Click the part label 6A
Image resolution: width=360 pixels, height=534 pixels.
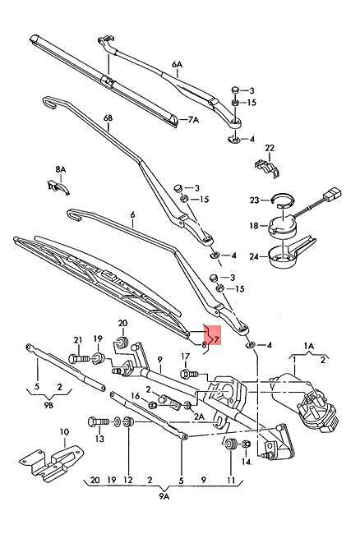177,65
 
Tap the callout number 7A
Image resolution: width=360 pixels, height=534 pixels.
193,120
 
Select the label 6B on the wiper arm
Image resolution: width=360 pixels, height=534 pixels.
108,118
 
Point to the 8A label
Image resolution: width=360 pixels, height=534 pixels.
61,169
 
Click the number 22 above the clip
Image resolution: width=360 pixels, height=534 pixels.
270,148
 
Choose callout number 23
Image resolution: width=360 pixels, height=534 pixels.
255,200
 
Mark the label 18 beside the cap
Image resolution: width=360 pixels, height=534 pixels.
254,225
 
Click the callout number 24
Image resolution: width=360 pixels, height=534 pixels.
254,256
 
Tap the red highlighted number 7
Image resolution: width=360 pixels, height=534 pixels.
217,339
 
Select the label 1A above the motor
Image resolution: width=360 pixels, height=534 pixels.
309,346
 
